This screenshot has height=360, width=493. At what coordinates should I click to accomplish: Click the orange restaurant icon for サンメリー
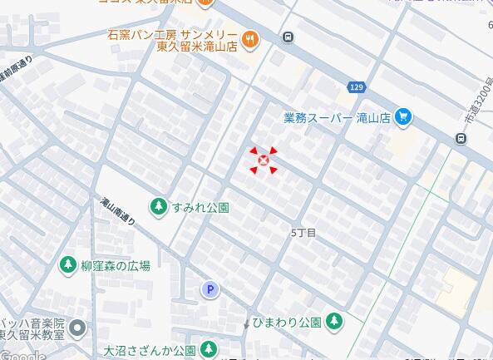[249, 39]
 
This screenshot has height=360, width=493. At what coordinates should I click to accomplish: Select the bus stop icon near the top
[288, 37]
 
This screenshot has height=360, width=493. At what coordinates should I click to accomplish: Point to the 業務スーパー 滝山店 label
[337, 118]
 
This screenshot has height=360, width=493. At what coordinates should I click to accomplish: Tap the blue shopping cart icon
[403, 117]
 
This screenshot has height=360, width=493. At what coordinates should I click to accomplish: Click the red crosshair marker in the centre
[264, 160]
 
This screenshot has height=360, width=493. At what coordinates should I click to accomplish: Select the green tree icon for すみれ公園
[157, 205]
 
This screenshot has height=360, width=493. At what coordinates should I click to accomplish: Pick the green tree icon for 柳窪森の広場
[67, 265]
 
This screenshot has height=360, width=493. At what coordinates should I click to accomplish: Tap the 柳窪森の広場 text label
[116, 266]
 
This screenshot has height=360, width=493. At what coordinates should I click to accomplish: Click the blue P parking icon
[210, 289]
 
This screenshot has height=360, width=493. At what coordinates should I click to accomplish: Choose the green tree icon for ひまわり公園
[334, 321]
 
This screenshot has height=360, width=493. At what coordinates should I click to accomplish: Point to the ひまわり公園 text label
[287, 322]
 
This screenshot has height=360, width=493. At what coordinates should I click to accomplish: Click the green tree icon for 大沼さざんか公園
[210, 349]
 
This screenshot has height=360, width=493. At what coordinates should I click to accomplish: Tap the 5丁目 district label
[304, 233]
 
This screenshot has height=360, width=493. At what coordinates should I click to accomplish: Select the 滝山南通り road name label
[117, 212]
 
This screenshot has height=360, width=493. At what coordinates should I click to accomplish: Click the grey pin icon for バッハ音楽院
[77, 328]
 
